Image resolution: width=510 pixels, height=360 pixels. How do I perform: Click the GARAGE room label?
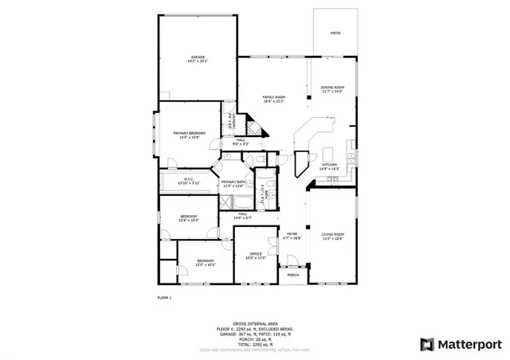click(198, 57)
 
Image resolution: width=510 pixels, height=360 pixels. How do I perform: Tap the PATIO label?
click(335, 33)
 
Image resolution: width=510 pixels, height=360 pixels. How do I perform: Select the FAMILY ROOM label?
click(274, 97)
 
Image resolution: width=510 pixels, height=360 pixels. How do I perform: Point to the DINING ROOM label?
click(332, 87)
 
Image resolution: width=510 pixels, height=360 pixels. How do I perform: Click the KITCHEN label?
click(329, 165)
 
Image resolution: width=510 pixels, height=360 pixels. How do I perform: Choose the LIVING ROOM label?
click(333, 233)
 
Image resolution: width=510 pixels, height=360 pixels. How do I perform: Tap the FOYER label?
click(292, 233)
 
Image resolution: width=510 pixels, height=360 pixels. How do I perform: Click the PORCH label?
click(293, 275)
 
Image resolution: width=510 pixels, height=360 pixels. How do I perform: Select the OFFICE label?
click(255, 253)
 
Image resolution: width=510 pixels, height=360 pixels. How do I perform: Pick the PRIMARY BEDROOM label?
click(190, 133)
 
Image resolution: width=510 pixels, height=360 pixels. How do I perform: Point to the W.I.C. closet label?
click(190, 178)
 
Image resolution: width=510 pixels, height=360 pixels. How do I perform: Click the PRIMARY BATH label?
click(233, 182)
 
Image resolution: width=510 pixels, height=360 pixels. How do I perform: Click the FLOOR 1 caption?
click(164, 298)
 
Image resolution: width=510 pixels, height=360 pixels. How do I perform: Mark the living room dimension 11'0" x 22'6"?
click(333, 237)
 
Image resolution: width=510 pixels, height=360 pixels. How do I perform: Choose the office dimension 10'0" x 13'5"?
click(255, 257)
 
